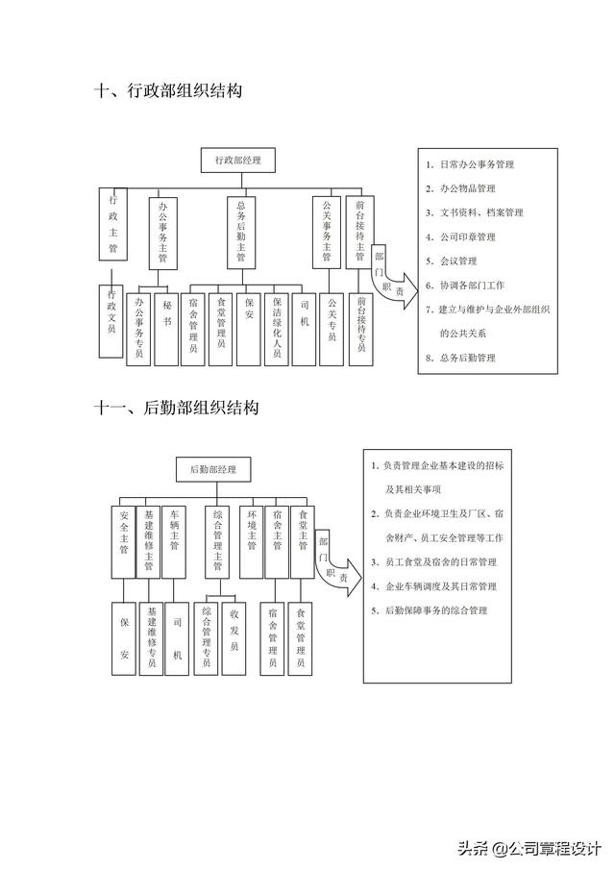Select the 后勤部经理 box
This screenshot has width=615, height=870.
tap(212, 469)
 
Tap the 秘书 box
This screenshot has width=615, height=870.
tap(167, 325)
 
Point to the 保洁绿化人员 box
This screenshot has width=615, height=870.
tap(276, 325)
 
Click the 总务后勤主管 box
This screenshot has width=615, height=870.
tap(240, 231)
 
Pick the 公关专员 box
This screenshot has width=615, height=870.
tap(332, 325)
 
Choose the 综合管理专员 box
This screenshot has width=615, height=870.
tap(206, 634)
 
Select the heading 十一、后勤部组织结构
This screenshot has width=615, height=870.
tap(176, 408)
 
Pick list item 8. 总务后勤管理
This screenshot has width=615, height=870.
tap(460, 358)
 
